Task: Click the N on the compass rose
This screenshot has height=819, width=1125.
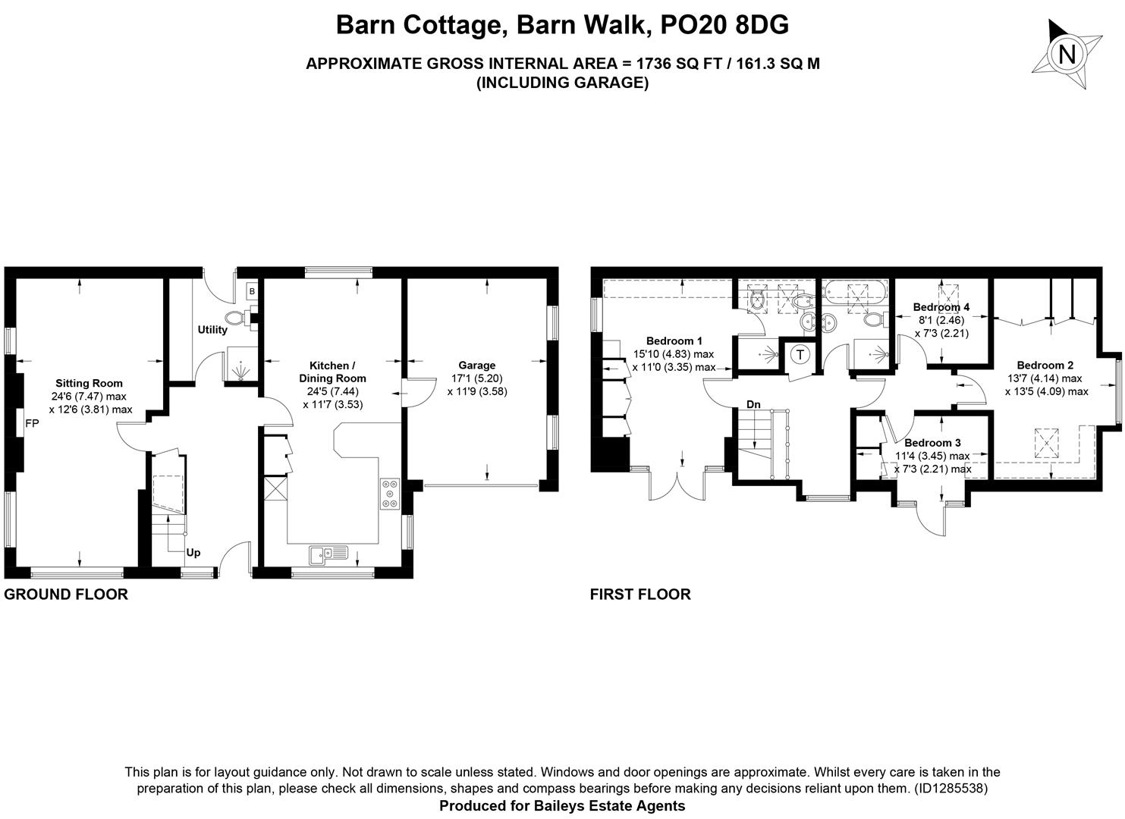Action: pyautogui.click(x=1067, y=53)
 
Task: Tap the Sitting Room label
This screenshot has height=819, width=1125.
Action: pyautogui.click(x=89, y=383)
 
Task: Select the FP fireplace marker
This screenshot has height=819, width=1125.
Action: pyautogui.click(x=32, y=423)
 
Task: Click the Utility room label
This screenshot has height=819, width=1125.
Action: pyautogui.click(x=212, y=329)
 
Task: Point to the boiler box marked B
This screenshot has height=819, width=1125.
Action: pyautogui.click(x=252, y=291)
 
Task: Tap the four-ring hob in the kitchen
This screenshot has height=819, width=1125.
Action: pyautogui.click(x=390, y=494)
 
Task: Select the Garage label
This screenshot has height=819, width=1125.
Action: pyautogui.click(x=476, y=365)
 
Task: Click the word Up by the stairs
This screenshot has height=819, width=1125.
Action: pyautogui.click(x=193, y=553)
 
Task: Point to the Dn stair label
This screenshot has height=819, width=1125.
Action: pyautogui.click(x=753, y=404)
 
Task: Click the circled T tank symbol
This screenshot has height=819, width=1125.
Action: pyautogui.click(x=800, y=354)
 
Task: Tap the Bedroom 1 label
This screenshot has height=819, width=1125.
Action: pyautogui.click(x=674, y=341)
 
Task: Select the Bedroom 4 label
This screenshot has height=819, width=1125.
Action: pyautogui.click(x=941, y=307)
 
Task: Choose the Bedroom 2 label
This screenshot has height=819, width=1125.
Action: pyautogui.click(x=1045, y=365)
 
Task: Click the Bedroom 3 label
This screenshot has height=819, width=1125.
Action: pyautogui.click(x=932, y=442)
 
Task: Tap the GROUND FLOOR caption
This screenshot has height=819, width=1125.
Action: pyautogui.click(x=66, y=594)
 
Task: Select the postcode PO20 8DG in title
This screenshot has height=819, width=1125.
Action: pyautogui.click(x=724, y=25)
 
